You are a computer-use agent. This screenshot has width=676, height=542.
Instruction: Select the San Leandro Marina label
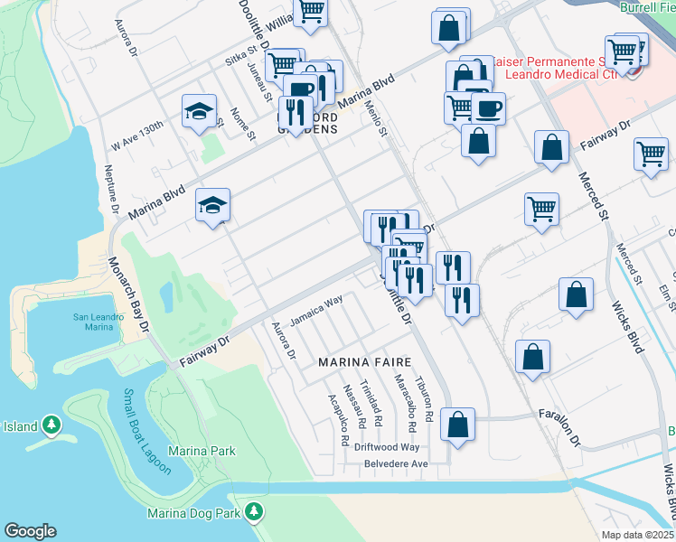pos(94,322)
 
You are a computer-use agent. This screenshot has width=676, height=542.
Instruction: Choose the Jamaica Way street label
pos(316,312)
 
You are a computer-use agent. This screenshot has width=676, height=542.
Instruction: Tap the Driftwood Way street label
pos(386,447)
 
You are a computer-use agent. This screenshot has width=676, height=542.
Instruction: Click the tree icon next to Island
pos(52,425)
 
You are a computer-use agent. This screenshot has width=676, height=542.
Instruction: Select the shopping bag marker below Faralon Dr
pos(458,424)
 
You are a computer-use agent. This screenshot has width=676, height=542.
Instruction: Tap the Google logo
pos(30,531)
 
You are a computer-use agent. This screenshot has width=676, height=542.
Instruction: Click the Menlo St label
pos(376,118)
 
